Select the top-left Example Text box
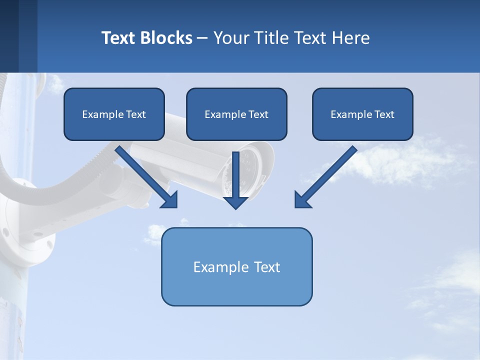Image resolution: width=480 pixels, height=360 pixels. click(x=114, y=114)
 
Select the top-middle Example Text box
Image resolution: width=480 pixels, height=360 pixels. click(x=236, y=114)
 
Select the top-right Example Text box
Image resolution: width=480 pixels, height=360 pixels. click(x=362, y=114)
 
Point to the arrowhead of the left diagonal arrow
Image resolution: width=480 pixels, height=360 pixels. click(x=170, y=200)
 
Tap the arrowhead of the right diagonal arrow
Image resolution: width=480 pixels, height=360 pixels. click(x=301, y=200)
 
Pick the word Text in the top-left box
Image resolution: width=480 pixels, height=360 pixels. click(x=135, y=114)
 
